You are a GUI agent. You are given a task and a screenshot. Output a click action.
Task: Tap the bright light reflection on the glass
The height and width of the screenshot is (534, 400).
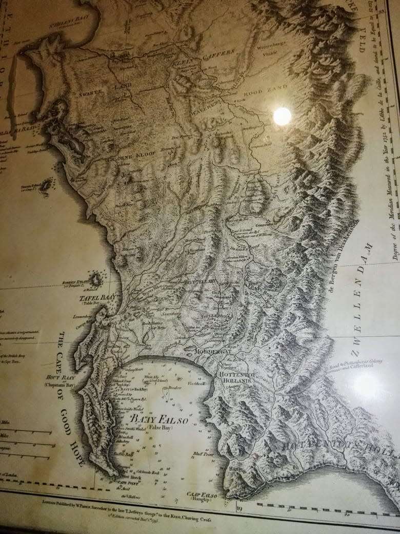(282, 117)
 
